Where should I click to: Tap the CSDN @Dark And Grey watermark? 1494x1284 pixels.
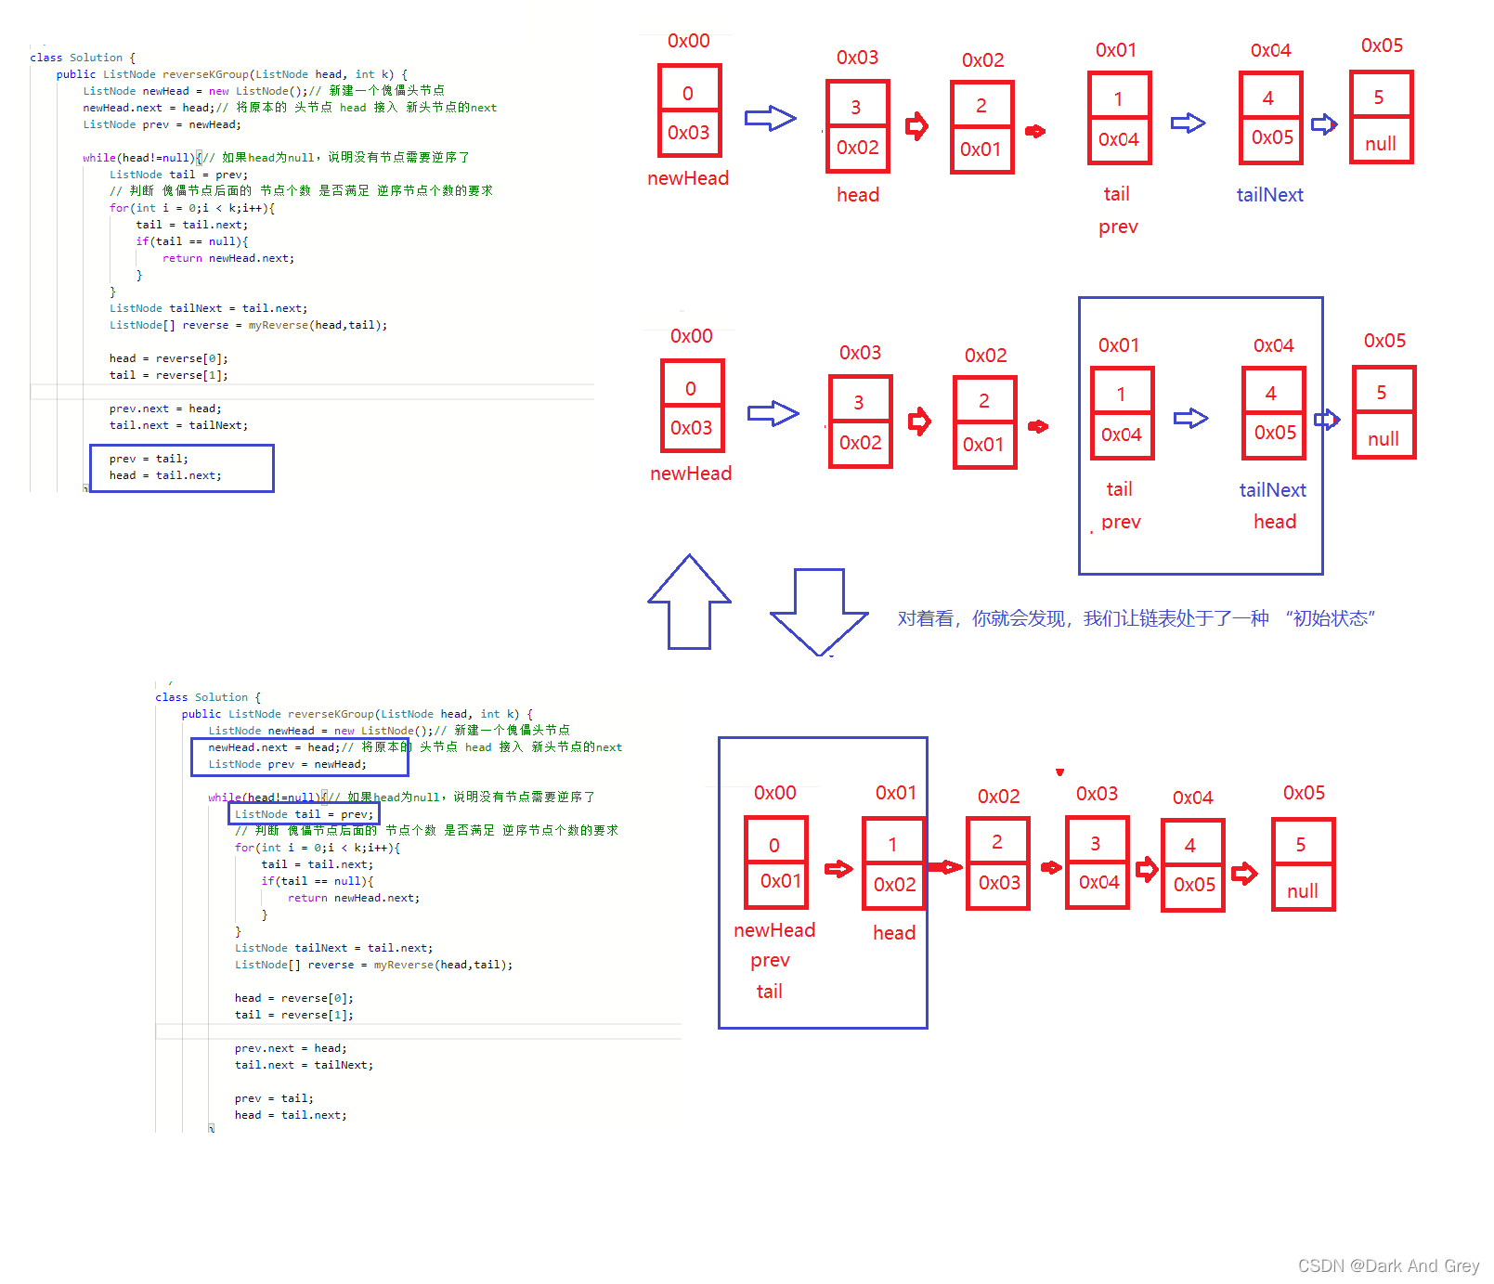click(1388, 1265)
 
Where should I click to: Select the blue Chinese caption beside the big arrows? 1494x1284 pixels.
click(1136, 618)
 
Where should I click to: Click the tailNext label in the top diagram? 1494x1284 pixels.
click(1269, 195)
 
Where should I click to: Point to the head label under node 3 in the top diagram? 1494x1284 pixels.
click(858, 195)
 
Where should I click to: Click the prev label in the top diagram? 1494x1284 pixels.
click(1118, 227)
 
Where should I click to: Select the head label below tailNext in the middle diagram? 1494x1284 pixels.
click(1275, 522)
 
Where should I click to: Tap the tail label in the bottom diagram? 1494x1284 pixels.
click(769, 992)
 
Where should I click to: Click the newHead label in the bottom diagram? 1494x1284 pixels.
click(774, 930)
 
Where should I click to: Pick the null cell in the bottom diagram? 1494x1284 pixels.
click(1303, 890)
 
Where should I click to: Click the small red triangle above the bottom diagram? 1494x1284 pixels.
click(1059, 772)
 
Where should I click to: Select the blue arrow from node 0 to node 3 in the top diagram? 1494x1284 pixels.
click(771, 119)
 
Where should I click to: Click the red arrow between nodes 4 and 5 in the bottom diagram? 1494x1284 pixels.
click(1244, 873)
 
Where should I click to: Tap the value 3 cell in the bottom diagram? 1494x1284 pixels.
click(1097, 843)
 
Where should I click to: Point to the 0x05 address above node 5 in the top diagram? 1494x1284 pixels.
click(1382, 45)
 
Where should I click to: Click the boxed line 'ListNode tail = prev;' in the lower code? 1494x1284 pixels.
click(304, 814)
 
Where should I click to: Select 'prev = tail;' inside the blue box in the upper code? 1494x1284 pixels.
click(149, 459)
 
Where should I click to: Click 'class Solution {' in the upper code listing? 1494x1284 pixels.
click(83, 58)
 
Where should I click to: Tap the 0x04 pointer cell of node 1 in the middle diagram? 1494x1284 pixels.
click(1122, 434)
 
